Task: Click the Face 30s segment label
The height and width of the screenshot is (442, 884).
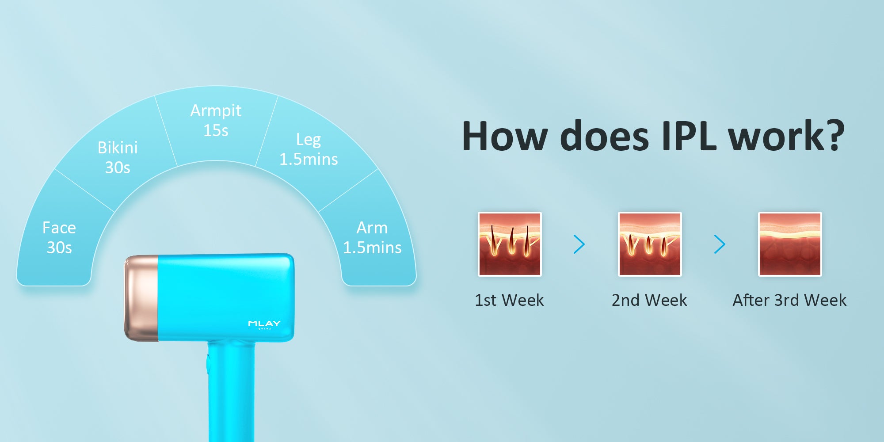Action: point(59,237)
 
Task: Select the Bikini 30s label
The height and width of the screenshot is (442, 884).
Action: point(118,157)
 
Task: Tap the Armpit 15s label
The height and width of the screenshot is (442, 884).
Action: point(216,120)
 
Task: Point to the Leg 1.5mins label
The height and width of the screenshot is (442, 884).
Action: point(309,149)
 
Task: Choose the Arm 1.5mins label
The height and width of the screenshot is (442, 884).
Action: point(372,237)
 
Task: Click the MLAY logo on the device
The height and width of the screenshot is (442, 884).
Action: point(264,324)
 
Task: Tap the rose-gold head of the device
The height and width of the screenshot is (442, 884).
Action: point(141,298)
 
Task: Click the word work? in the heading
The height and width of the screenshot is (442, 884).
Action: point(787,136)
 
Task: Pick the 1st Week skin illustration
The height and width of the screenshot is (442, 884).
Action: point(510,244)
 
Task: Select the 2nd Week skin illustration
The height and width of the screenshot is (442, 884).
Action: point(650,244)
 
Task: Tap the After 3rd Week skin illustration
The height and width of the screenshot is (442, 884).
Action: point(790,244)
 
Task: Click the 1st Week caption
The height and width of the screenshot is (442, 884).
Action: point(509,300)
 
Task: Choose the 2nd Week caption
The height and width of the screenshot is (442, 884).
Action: point(649,300)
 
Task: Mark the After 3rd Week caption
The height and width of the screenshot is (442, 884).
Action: point(789,300)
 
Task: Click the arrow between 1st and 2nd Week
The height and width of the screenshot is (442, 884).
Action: point(579,244)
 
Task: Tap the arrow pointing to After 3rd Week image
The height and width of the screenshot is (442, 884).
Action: point(720,244)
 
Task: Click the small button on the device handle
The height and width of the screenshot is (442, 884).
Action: point(208,364)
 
